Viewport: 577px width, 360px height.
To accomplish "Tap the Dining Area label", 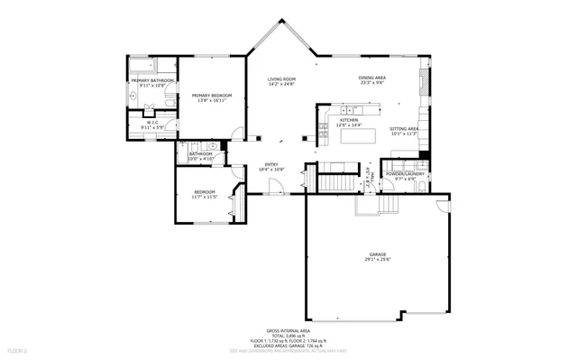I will pyautogui.click(x=372, y=79).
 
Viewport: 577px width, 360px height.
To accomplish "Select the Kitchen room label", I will pyautogui.click(x=350, y=121).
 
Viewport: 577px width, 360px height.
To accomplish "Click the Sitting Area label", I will pyautogui.click(x=403, y=130).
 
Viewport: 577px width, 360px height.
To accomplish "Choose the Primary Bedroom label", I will pyautogui.click(x=212, y=97).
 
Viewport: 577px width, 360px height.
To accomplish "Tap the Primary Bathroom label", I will pyautogui.click(x=151, y=82).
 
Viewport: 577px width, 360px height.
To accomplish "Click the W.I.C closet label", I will pyautogui.click(x=151, y=125).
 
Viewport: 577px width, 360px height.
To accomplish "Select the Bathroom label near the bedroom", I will pyautogui.click(x=200, y=154).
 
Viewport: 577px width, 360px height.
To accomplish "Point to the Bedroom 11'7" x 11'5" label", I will pyautogui.click(x=206, y=192).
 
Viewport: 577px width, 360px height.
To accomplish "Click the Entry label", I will pyautogui.click(x=271, y=166).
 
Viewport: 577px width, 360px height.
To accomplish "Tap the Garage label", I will pyautogui.click(x=377, y=256).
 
